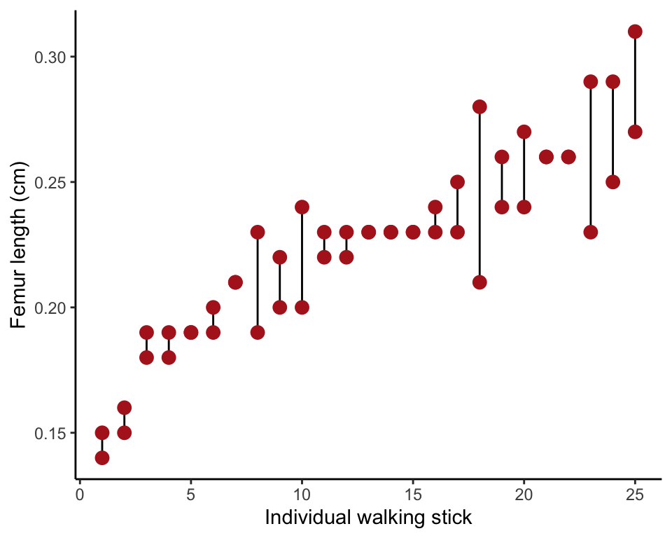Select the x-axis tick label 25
tap(635, 495)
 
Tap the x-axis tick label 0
tap(80, 495)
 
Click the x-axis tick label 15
tap(413, 495)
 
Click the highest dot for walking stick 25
tap(635, 32)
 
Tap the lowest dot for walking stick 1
tap(102, 457)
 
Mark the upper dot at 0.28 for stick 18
tap(479, 106)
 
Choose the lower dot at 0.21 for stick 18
tap(479, 282)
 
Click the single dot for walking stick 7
tap(235, 282)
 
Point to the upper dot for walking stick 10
tap(302, 207)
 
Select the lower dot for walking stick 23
tap(591, 232)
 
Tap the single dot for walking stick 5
tap(191, 332)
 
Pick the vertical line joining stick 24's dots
tap(612, 132)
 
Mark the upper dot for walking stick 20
tap(524, 132)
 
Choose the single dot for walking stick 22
tap(568, 157)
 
